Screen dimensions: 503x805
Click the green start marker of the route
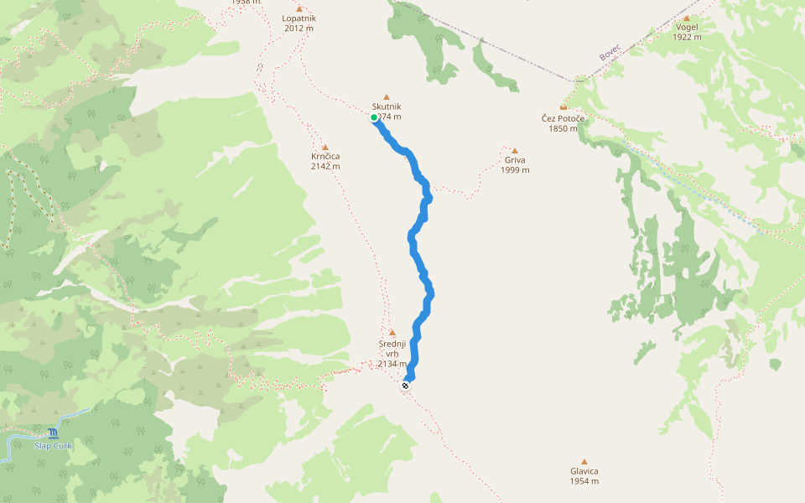[374, 117]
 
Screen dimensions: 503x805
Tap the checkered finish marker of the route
[405, 386]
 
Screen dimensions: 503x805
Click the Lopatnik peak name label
[299, 18]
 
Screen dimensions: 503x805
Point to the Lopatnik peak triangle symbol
[299, 8]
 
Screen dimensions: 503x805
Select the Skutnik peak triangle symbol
[387, 96]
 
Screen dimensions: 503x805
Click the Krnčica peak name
[325, 156]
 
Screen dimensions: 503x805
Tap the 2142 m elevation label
[325, 166]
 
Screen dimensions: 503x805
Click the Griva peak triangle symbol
[515, 151]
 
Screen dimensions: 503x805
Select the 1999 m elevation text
[515, 170]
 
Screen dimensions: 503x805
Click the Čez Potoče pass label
[563, 118]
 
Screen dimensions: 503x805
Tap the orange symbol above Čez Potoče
[563, 107]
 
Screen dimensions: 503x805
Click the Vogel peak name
[687, 27]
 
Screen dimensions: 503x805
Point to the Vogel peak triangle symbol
[687, 18]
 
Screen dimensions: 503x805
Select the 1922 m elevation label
[687, 37]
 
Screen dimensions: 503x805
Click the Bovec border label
[609, 52]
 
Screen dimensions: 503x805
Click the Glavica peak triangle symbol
[584, 461]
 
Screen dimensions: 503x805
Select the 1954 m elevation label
[584, 481]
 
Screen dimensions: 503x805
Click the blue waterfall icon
[54, 433]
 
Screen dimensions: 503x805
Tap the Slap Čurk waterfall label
[53, 445]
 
